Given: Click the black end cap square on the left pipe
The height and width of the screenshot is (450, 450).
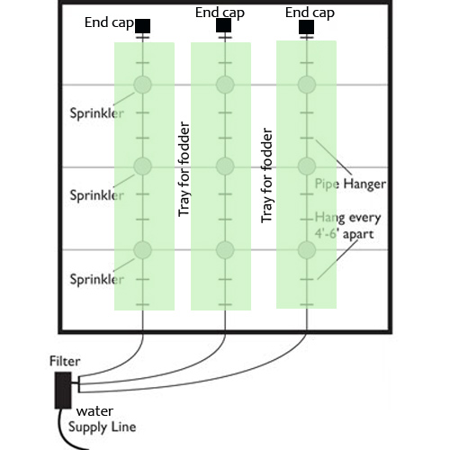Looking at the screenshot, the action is click(x=142, y=26).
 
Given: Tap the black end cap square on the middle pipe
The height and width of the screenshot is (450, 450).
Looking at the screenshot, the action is click(x=224, y=25).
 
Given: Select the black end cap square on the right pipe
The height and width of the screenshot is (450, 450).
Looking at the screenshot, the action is click(x=307, y=27).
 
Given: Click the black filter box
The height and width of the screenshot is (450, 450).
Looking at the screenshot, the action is click(x=63, y=391).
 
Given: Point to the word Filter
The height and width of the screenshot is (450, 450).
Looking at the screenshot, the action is click(x=65, y=361).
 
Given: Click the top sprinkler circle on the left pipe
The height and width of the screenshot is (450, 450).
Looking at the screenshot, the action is click(x=142, y=85).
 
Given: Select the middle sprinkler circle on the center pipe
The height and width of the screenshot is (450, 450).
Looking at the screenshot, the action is click(x=225, y=166).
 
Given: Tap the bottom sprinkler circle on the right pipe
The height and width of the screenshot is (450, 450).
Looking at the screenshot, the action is click(x=307, y=249).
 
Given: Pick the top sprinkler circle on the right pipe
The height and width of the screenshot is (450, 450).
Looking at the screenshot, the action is click(x=307, y=85).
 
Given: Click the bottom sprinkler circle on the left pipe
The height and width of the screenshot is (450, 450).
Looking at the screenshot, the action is click(x=142, y=249).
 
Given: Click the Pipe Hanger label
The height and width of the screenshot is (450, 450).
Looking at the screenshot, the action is click(x=350, y=184).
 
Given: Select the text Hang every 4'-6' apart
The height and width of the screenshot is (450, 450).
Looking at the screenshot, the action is click(x=347, y=226).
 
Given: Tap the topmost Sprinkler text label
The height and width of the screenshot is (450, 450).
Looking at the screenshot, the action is click(x=96, y=113).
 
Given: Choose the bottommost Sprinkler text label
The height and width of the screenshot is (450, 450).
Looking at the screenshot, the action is click(x=96, y=279).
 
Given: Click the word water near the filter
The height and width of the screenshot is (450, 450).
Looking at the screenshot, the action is click(x=94, y=411).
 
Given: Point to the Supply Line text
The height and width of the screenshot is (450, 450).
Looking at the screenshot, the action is click(x=103, y=427).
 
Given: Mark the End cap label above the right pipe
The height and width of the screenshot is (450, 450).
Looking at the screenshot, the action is click(x=310, y=13).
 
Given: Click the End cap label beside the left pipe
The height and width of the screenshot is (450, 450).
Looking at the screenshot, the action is click(x=109, y=22).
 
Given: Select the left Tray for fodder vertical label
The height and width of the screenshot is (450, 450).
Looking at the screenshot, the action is click(x=184, y=169).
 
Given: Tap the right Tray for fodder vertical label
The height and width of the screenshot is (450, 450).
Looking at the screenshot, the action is click(x=266, y=175).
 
